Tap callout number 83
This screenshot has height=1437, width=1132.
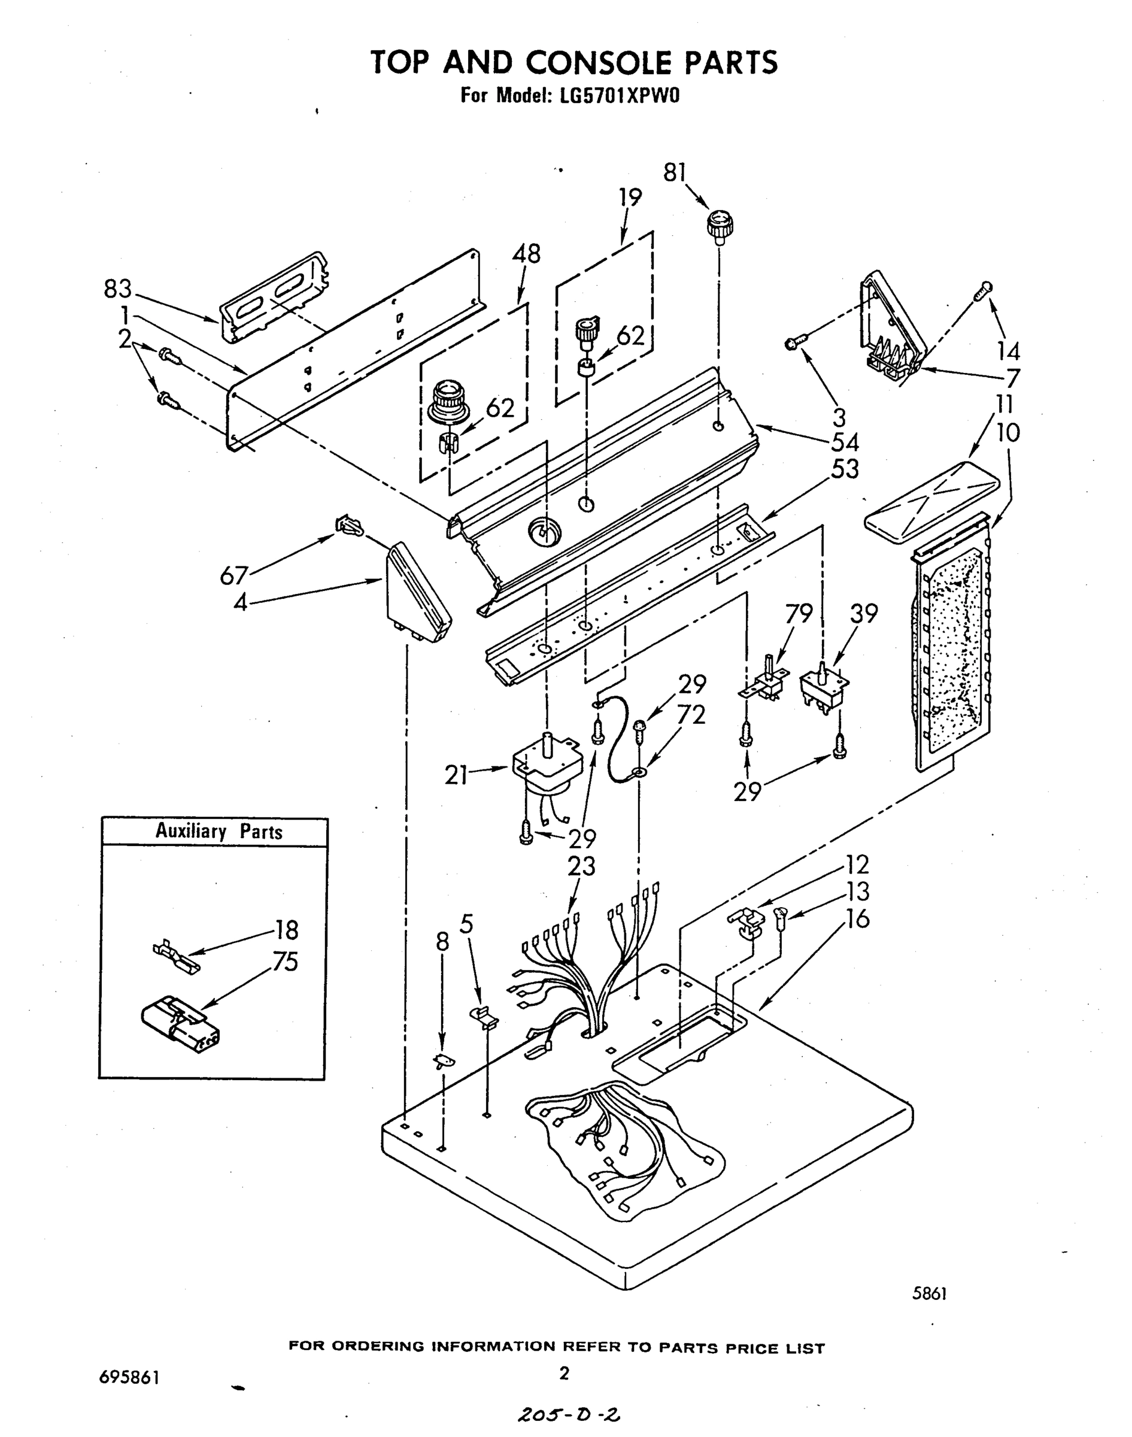(x=118, y=289)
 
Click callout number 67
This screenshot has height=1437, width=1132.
(x=234, y=575)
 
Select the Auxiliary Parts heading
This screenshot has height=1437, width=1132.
(x=218, y=831)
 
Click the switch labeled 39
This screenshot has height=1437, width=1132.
(x=824, y=689)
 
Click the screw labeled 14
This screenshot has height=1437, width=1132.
(x=984, y=290)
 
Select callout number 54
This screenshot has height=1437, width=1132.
(x=845, y=442)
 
